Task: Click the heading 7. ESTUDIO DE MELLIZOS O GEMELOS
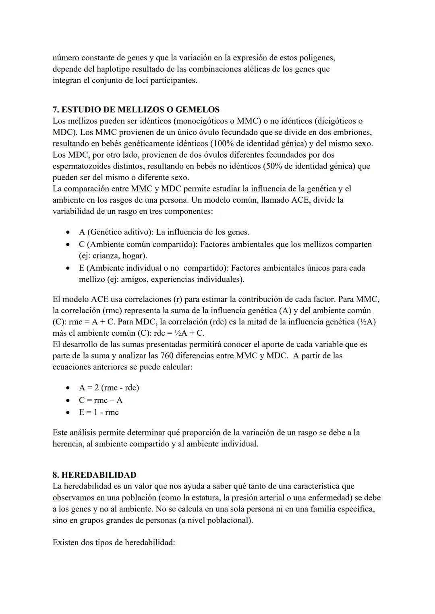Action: click(x=136, y=109)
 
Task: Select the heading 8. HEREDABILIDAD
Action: click(x=94, y=475)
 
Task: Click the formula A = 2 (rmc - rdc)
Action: click(x=109, y=388)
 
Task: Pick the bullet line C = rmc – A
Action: click(x=101, y=400)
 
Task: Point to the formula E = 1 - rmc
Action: click(x=99, y=412)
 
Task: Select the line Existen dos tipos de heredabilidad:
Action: click(x=114, y=542)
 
